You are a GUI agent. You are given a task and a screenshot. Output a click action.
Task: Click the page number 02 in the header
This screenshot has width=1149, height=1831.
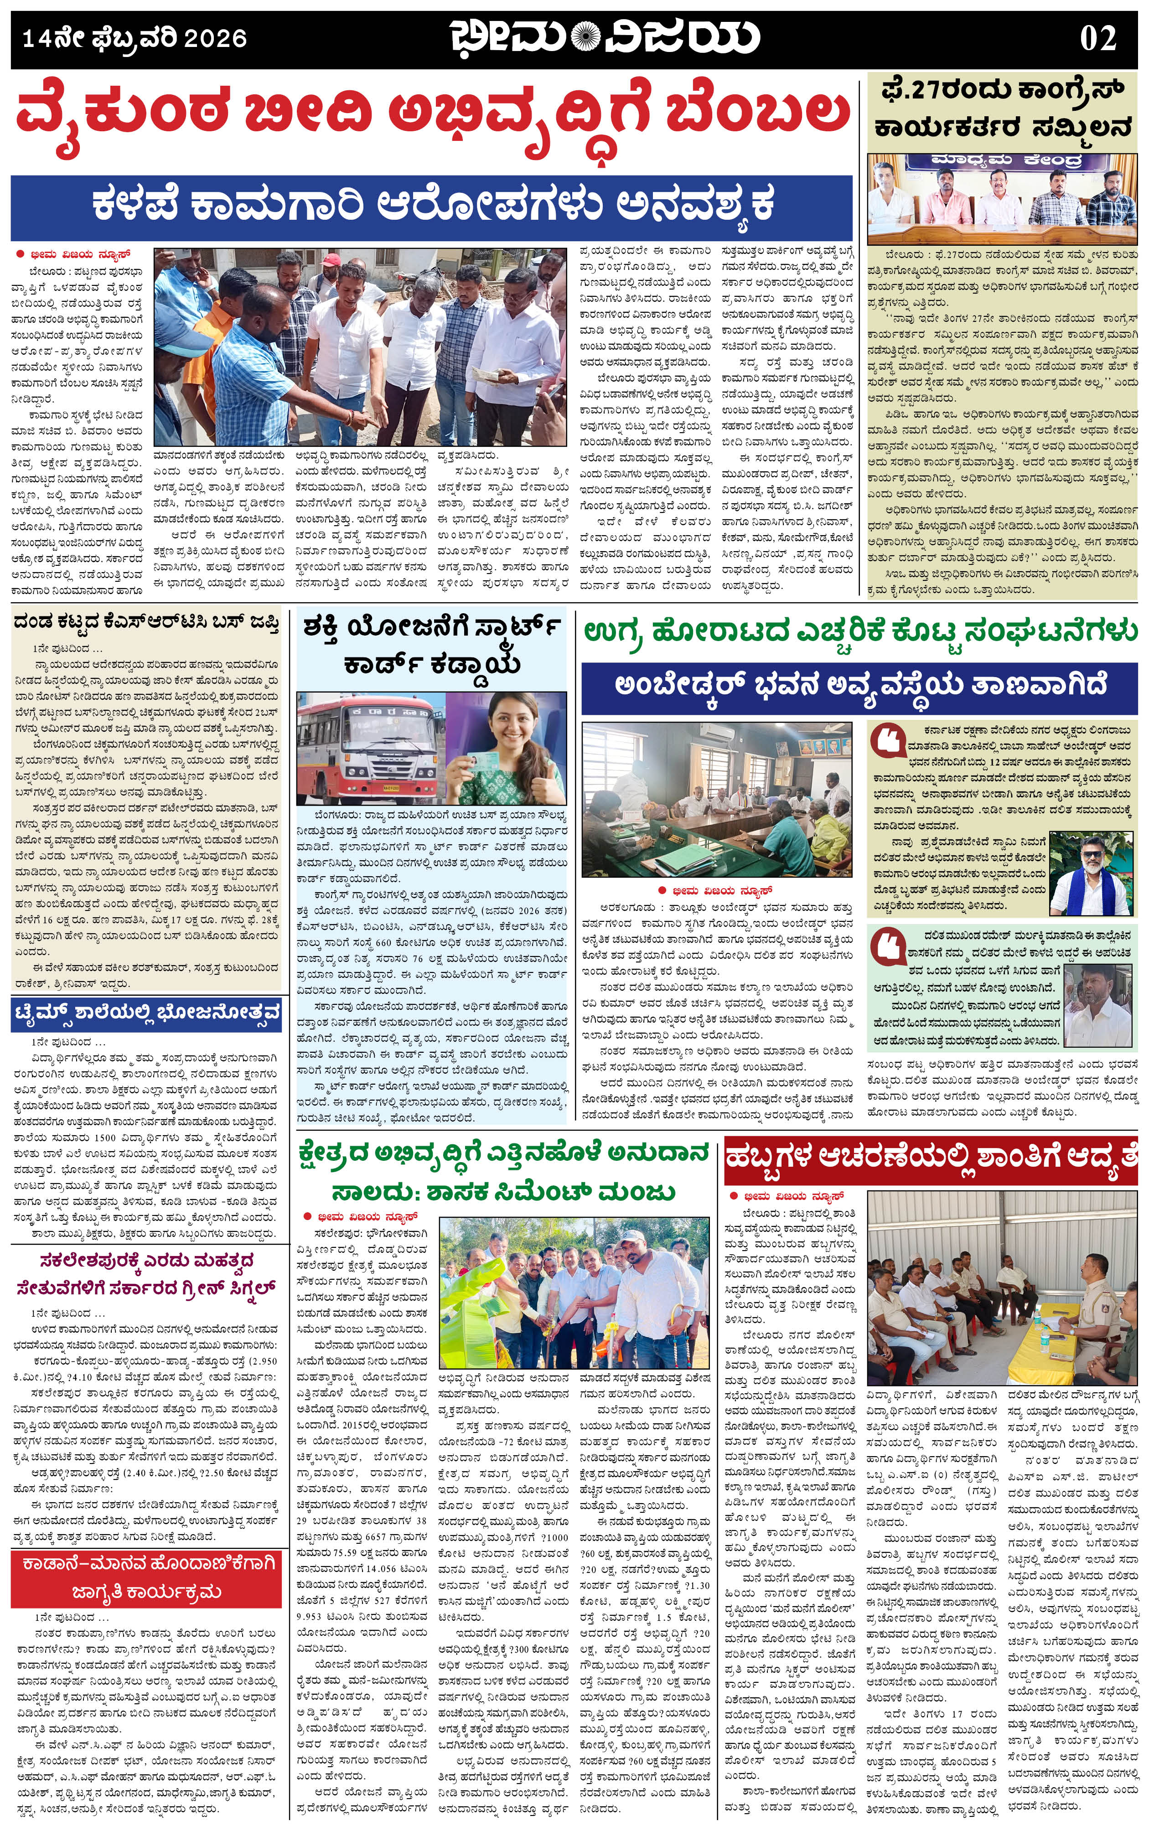[x=1097, y=38]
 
